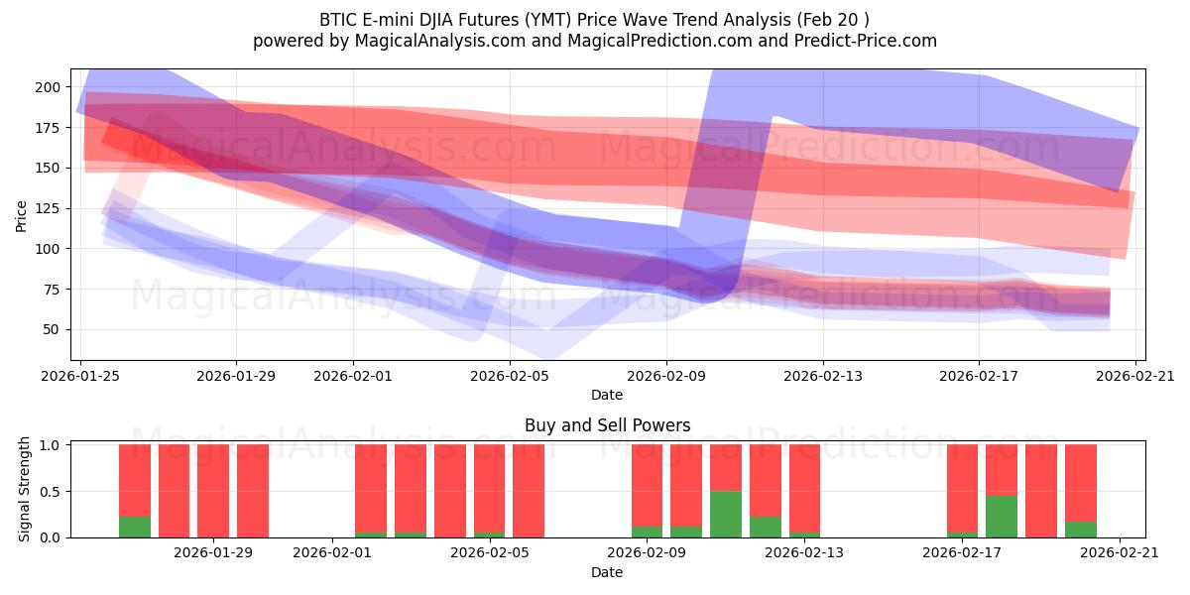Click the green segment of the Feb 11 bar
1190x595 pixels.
pos(726,514)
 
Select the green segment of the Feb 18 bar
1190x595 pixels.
pos(1002,517)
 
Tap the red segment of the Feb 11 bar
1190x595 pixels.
pos(726,467)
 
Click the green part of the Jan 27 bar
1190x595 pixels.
pos(135,527)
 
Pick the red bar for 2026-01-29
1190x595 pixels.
pos(213,491)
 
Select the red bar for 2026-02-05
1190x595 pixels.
pos(529,491)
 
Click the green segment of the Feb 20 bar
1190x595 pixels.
pos(1081,530)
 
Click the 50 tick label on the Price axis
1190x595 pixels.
pos(51,329)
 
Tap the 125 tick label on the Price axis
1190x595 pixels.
pos(47,208)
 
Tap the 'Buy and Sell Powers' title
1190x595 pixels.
pos(607,425)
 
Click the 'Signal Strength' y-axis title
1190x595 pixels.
pos(25,490)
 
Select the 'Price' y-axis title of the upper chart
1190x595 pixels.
pos(22,214)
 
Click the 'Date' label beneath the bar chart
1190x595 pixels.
pos(607,572)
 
